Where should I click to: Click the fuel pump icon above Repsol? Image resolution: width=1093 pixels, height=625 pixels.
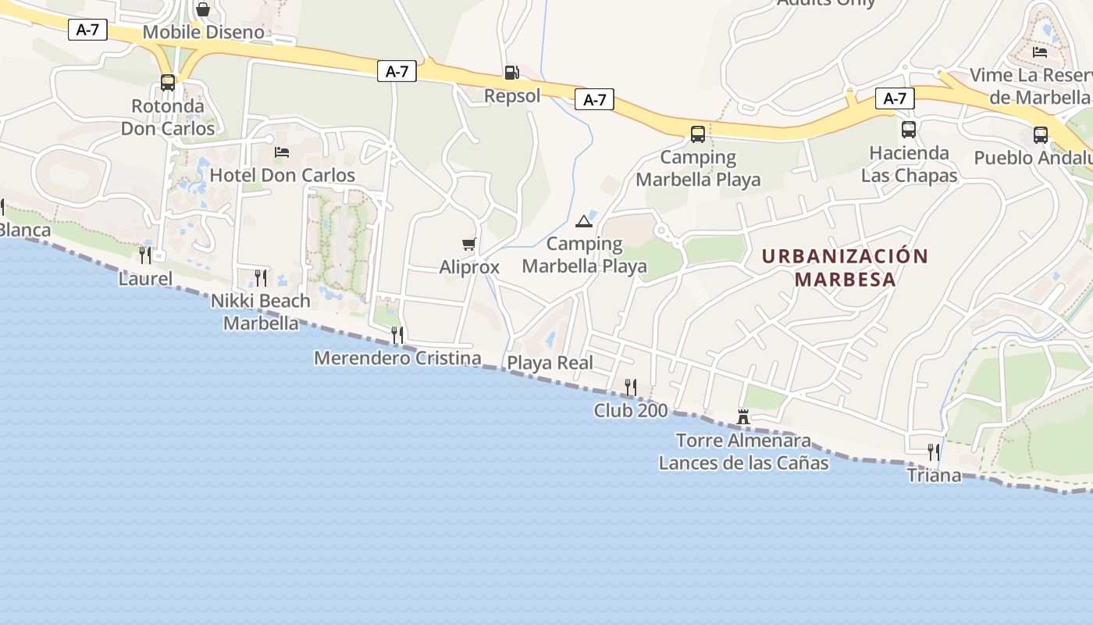tap(511, 73)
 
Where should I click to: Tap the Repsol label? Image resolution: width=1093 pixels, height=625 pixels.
tap(512, 96)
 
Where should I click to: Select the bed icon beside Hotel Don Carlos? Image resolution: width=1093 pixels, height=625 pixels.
tap(282, 152)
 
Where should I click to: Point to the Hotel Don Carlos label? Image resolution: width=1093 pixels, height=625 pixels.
tap(283, 176)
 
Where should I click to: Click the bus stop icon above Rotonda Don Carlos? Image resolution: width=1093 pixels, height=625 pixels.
tap(168, 82)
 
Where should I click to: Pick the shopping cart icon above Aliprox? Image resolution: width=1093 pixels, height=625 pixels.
tap(468, 244)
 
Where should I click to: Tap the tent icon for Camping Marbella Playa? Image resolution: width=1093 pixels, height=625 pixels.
tap(584, 221)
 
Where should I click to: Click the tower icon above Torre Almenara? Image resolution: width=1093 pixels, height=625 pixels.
tap(743, 417)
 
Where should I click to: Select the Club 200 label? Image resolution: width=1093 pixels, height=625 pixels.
tap(631, 410)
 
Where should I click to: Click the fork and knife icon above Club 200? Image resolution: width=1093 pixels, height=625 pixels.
tap(631, 386)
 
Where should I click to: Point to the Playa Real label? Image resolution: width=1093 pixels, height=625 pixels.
tap(550, 362)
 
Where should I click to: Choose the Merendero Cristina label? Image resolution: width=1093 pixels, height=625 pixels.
tap(397, 358)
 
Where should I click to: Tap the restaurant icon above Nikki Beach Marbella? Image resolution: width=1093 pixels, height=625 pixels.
tap(261, 277)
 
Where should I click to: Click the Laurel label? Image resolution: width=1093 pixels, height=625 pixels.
tap(145, 278)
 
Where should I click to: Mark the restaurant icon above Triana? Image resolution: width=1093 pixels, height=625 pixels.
tap(933, 451)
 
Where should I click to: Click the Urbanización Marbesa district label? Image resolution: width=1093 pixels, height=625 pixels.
tap(845, 267)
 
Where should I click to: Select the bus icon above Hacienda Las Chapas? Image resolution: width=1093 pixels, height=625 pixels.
tap(909, 130)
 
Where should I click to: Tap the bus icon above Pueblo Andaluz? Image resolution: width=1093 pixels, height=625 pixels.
tap(1041, 134)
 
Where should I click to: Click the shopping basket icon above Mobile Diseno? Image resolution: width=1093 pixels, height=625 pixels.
tap(203, 9)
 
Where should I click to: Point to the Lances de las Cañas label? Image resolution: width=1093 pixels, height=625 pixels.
tap(743, 463)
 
